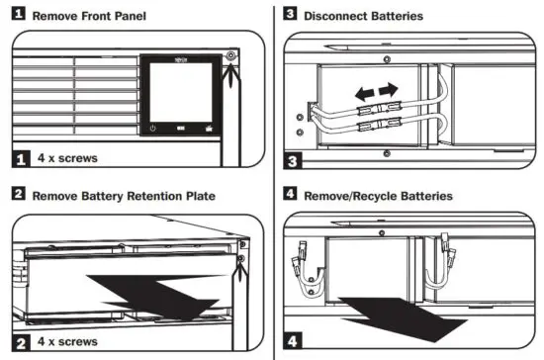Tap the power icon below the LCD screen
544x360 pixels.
click(153, 129)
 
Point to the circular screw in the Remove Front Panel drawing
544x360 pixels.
click(231, 56)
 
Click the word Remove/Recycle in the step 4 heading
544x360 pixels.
click(357, 196)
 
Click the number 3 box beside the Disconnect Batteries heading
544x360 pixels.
click(290, 16)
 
